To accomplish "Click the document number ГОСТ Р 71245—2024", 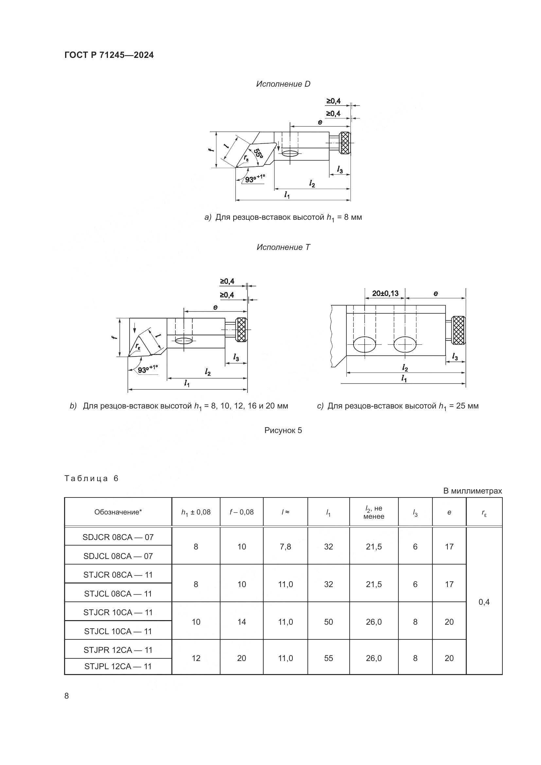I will [x=109, y=55].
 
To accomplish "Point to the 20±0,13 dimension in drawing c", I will [x=385, y=293].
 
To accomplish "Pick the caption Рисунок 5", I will [x=283, y=430].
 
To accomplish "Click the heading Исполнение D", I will [x=283, y=84].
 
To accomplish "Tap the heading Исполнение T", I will [x=283, y=247].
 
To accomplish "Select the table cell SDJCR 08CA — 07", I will [x=118, y=537].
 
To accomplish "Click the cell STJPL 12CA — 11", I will [x=118, y=666].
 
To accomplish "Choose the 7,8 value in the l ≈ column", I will [x=286, y=547].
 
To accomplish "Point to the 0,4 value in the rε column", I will [x=484, y=602].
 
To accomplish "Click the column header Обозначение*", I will [x=118, y=512].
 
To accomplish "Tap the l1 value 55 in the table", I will [x=328, y=658].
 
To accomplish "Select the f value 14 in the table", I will [x=241, y=622].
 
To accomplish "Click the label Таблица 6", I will [x=91, y=478].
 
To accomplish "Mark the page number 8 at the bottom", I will [x=67, y=696].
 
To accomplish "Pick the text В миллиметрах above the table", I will [x=472, y=491].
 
